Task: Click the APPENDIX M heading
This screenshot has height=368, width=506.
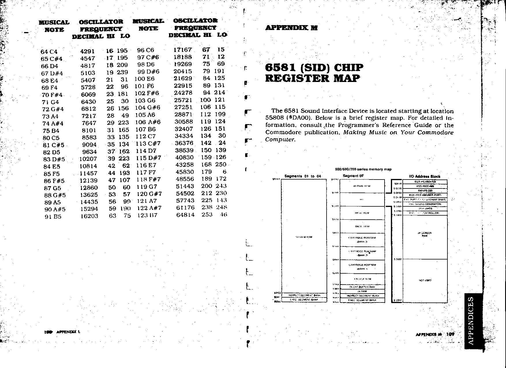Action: [291, 28]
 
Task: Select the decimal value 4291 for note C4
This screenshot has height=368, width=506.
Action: [87, 51]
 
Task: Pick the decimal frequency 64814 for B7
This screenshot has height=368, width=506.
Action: [185, 215]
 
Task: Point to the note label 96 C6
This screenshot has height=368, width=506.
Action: [146, 50]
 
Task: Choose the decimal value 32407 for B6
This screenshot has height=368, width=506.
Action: [183, 129]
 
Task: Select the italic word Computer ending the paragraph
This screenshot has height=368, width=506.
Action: [280, 139]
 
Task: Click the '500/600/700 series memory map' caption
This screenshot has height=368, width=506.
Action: [363, 169]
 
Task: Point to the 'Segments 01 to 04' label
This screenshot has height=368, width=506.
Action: [303, 176]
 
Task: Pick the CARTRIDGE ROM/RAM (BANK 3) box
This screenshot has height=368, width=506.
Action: [362, 240]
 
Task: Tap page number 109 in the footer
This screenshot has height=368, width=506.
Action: [450, 334]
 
